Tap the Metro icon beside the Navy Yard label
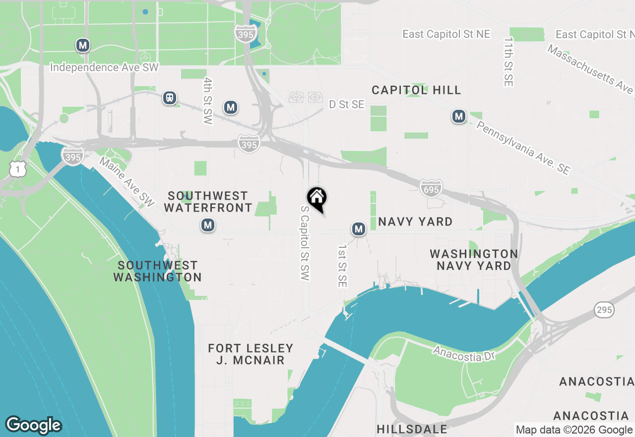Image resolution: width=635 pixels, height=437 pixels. click(358, 229)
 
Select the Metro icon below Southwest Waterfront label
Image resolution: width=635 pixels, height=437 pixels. click(207, 225)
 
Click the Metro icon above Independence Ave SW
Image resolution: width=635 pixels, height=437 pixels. click(82, 46)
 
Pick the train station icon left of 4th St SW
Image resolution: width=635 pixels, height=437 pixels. click(170, 98)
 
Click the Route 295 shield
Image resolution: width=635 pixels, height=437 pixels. click(604, 310)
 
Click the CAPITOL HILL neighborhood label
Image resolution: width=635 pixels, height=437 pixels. click(417, 90)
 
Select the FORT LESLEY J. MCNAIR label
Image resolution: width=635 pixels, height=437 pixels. click(251, 354)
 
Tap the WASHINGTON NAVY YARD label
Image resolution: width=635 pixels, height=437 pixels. click(474, 260)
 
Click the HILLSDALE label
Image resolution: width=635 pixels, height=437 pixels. click(412, 429)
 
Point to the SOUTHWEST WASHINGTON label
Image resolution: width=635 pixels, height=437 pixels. click(158, 271)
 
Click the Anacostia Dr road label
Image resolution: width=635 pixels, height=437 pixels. click(464, 354)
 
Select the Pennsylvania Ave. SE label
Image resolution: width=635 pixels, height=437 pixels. click(523, 147)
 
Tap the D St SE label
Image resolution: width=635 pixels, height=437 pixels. click(346, 104)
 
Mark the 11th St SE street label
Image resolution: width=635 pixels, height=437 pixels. click(508, 62)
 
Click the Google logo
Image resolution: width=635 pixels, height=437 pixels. click(33, 426)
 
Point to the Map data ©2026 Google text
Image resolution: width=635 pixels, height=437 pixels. click(574, 430)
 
